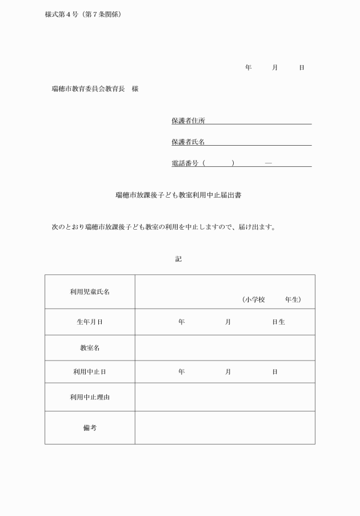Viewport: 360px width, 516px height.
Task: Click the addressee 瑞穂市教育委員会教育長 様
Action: [x=95, y=89]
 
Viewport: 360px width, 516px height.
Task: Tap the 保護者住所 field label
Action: [x=188, y=121]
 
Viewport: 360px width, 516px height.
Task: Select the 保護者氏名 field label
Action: [x=188, y=142]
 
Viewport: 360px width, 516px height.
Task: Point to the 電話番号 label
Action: [x=185, y=163]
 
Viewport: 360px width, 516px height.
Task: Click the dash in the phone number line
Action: [x=268, y=163]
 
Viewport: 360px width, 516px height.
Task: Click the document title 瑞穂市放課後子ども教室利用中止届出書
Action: [x=181, y=195]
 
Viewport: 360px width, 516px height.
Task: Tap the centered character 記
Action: [x=178, y=259]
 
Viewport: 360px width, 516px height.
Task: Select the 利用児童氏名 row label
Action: [x=90, y=291]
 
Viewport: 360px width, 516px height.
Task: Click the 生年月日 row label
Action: [x=90, y=322]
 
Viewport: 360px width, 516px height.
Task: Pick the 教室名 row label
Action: [x=90, y=347]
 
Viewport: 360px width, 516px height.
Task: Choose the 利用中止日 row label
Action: [x=90, y=372]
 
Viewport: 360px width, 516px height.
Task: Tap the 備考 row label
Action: [x=90, y=427]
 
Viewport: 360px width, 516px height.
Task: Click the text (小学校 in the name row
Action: [x=253, y=299]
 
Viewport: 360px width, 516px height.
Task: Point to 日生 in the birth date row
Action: [x=278, y=322]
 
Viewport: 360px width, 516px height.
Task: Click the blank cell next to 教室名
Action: [x=225, y=347]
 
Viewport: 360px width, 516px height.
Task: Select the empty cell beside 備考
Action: [x=225, y=427]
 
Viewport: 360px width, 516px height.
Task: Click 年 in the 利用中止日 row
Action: [x=181, y=372]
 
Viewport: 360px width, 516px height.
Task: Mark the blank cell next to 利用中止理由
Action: [x=225, y=397]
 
